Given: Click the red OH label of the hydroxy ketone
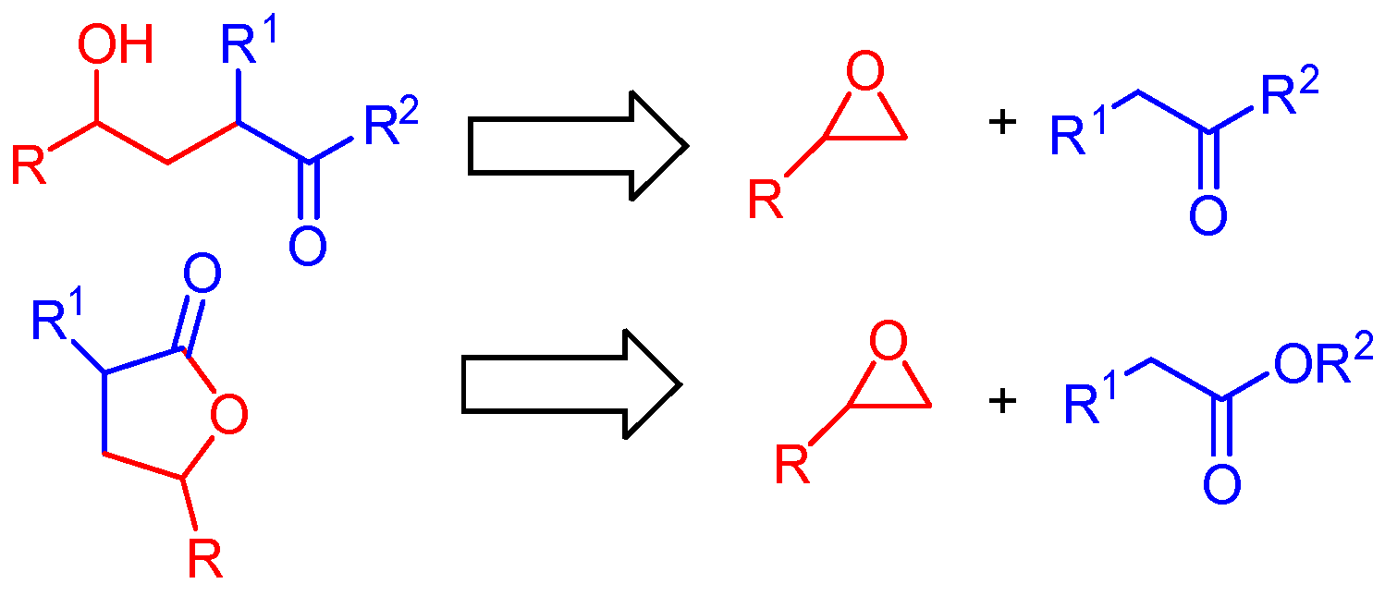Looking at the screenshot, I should tap(116, 46).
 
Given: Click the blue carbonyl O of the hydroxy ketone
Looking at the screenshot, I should tap(307, 246).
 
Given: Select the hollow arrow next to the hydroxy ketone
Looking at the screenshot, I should tap(577, 145).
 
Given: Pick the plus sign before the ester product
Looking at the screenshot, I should tap(1001, 400).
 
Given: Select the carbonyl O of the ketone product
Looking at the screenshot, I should tap(1207, 215).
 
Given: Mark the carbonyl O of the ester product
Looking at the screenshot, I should tap(1221, 483).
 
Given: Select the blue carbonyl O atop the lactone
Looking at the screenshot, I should tap(202, 274).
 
